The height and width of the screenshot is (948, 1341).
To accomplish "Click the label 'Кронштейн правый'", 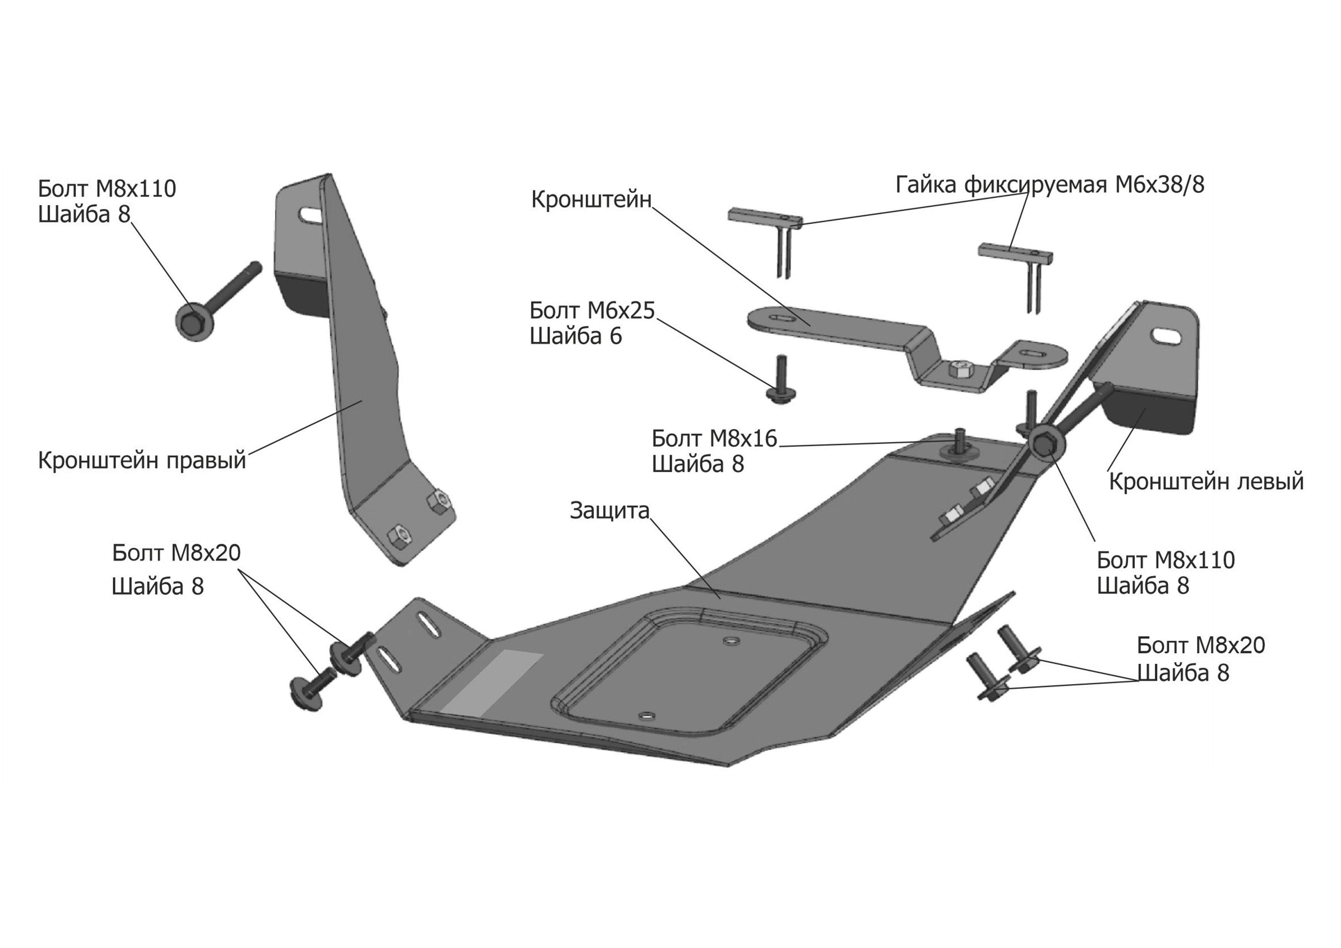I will [x=142, y=460].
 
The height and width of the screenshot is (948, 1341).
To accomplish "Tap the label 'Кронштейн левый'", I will [x=1206, y=481].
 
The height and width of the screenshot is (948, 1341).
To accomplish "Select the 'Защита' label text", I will [x=609, y=511].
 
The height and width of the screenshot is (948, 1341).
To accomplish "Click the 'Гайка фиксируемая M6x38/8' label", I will [x=1050, y=185].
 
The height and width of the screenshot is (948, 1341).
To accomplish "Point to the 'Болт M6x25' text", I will [x=592, y=311].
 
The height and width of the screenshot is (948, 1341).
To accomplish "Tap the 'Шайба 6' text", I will [x=575, y=336].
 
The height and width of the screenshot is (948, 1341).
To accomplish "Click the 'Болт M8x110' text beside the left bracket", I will [x=1166, y=560].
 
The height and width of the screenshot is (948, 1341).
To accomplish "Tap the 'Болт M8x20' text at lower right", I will [x=1200, y=645].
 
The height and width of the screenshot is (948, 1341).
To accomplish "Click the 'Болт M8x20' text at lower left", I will [x=176, y=553].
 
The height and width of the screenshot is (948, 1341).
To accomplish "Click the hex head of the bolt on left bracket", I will [x=1045, y=445].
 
